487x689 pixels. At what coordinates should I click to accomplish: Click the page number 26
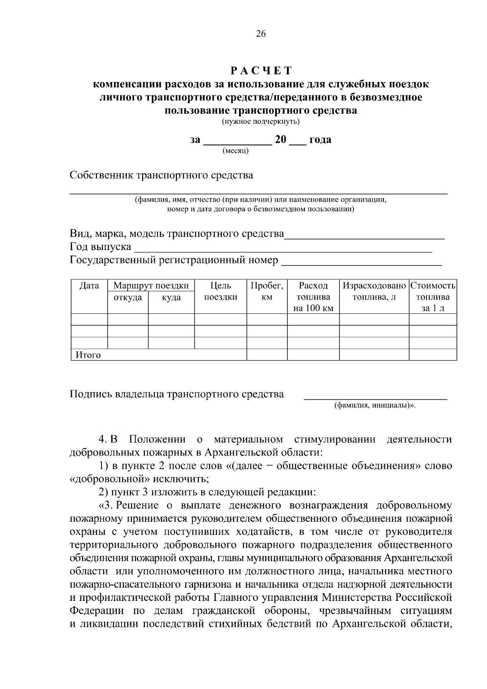click(x=261, y=34)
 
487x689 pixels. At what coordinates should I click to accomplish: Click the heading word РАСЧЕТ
click(x=261, y=71)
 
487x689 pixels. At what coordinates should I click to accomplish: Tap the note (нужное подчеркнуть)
click(x=261, y=121)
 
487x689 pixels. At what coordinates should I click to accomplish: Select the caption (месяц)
click(x=236, y=151)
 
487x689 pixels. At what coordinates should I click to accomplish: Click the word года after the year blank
click(x=320, y=140)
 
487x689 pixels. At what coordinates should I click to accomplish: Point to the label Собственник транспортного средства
click(x=161, y=175)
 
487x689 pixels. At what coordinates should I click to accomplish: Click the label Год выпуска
click(x=100, y=247)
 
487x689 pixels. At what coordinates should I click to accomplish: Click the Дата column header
click(x=89, y=286)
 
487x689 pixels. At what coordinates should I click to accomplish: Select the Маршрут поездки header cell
click(x=151, y=286)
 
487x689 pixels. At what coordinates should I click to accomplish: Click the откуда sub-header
click(x=128, y=298)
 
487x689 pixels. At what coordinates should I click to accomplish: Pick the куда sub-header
click(x=171, y=298)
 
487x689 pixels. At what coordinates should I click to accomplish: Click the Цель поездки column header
click(x=220, y=292)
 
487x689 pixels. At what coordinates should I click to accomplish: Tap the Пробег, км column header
click(x=267, y=292)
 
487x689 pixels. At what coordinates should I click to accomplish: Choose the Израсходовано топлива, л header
click(x=374, y=292)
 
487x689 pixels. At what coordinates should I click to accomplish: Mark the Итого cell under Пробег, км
click(x=267, y=355)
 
